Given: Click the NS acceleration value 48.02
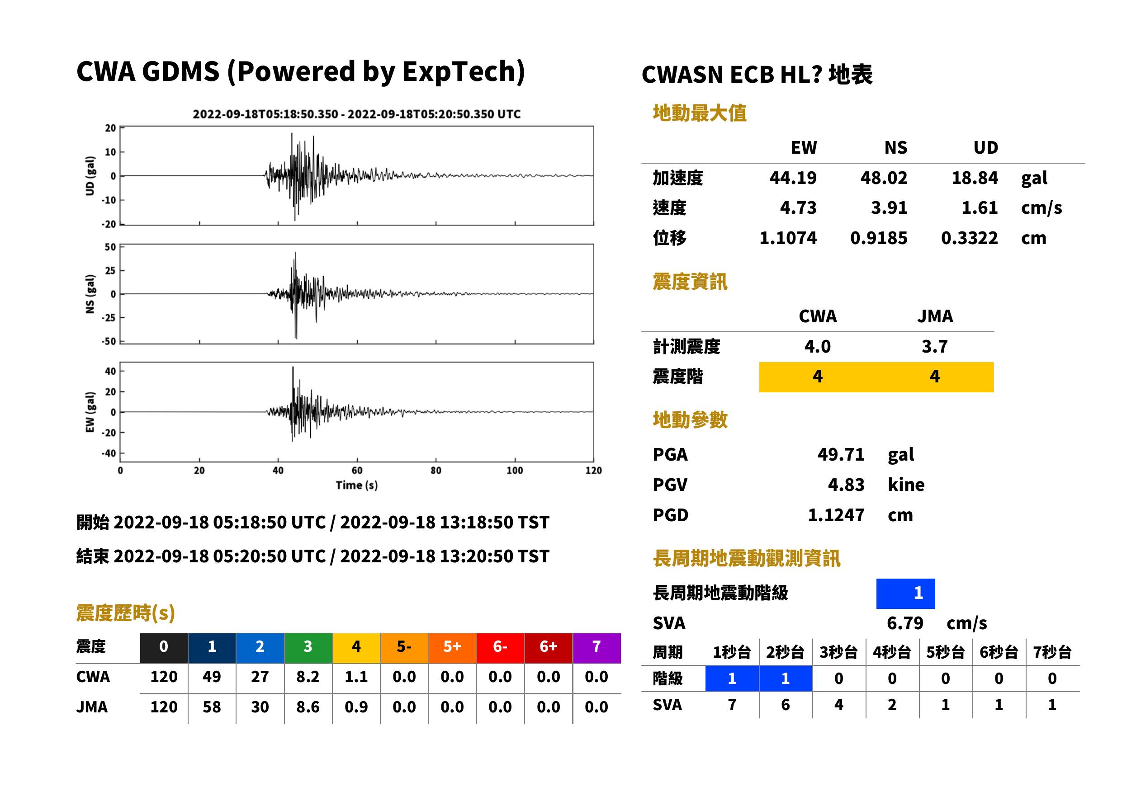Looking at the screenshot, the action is tap(884, 178).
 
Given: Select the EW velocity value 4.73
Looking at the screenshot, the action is tap(798, 207).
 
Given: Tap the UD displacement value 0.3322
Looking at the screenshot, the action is tap(969, 238).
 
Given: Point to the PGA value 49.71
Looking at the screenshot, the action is tap(841, 454).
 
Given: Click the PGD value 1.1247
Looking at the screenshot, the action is tap(836, 515).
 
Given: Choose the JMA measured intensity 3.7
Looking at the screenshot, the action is tap(934, 346).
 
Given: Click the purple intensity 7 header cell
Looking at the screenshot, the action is tap(597, 646).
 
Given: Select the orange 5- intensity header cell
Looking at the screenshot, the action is tap(404, 646).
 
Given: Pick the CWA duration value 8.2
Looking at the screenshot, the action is tap(308, 677).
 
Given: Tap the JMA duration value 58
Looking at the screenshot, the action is tap(212, 707).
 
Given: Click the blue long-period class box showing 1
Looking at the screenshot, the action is tap(905, 594).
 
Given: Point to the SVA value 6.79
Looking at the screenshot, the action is tap(905, 623).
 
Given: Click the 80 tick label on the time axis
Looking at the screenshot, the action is tap(436, 471).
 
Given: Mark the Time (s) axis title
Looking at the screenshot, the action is tap(357, 485).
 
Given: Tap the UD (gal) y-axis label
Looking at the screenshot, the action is tap(90, 176).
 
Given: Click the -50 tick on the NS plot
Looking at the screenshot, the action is tap(109, 341).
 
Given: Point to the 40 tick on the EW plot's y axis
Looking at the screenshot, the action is tap(110, 371).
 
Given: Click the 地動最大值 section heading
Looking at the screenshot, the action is tap(700, 113).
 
